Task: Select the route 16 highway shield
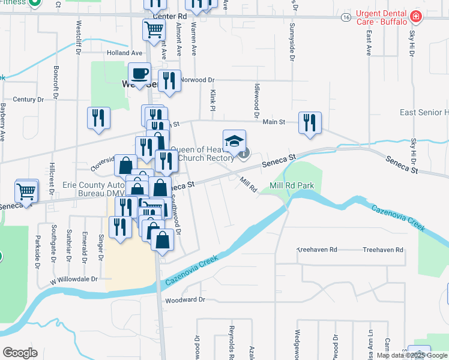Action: (346, 18)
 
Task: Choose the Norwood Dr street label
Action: (197, 80)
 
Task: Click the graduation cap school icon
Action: (234, 140)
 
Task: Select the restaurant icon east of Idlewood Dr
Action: (309, 122)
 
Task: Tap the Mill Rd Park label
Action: (292, 186)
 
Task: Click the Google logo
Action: (20, 352)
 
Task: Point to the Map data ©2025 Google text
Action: (412, 355)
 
